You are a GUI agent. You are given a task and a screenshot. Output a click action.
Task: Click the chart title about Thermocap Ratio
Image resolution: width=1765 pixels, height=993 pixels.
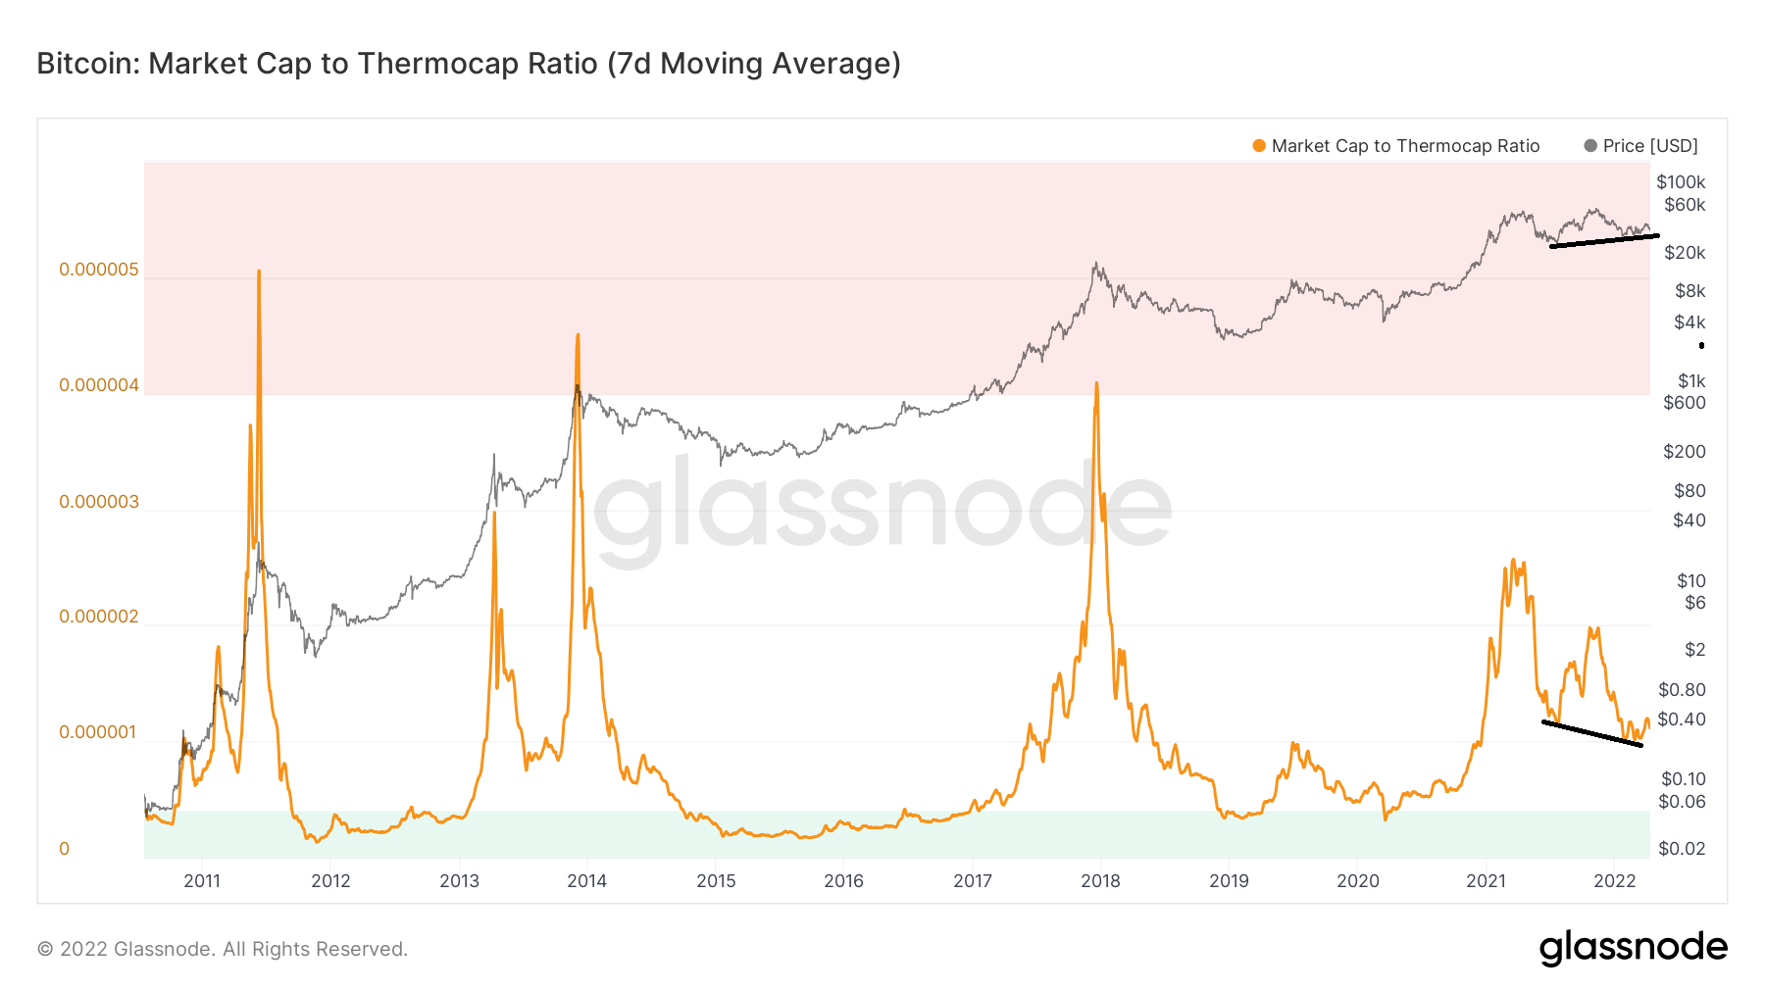469,64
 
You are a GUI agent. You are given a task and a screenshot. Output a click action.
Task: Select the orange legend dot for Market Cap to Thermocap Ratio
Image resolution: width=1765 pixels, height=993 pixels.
1259,146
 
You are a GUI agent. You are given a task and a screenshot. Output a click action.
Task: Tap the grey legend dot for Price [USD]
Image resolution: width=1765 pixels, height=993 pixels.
1590,146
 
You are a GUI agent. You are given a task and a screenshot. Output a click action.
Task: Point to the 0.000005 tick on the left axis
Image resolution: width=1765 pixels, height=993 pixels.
99,270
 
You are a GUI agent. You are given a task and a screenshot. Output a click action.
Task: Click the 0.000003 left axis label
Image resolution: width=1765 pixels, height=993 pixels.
99,502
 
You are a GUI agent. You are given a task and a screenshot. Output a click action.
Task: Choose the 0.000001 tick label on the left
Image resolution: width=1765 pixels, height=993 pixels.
99,733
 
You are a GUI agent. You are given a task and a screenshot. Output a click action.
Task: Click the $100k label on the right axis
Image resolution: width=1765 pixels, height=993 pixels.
1681,182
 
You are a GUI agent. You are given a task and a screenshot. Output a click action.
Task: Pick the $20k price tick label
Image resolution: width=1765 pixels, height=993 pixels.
1685,253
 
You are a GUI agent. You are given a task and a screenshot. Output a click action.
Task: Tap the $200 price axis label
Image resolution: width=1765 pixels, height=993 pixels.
1685,452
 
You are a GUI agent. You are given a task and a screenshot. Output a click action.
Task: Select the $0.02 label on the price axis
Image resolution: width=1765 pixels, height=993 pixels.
1682,849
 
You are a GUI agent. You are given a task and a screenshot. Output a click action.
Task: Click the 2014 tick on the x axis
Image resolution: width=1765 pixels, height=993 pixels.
586,881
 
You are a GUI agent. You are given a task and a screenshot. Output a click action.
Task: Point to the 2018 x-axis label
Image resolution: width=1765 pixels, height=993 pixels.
1100,881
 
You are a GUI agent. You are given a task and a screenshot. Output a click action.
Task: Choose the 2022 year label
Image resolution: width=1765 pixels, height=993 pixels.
1614,881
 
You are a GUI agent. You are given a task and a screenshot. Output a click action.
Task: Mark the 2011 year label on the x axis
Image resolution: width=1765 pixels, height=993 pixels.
202,881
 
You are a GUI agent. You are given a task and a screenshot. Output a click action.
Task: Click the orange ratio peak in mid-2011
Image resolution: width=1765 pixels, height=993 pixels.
259,272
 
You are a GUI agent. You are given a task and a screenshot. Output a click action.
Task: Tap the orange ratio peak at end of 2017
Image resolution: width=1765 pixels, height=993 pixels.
1096,384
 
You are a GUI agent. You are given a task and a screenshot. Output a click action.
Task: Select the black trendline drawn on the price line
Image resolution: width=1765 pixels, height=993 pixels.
1604,240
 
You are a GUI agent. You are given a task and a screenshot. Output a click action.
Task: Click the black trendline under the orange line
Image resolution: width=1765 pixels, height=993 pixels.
1591,733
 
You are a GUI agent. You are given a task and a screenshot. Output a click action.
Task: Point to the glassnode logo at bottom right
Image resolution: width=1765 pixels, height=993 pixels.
1633,948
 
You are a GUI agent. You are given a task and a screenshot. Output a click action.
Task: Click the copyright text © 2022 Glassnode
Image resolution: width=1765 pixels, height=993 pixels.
223,949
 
